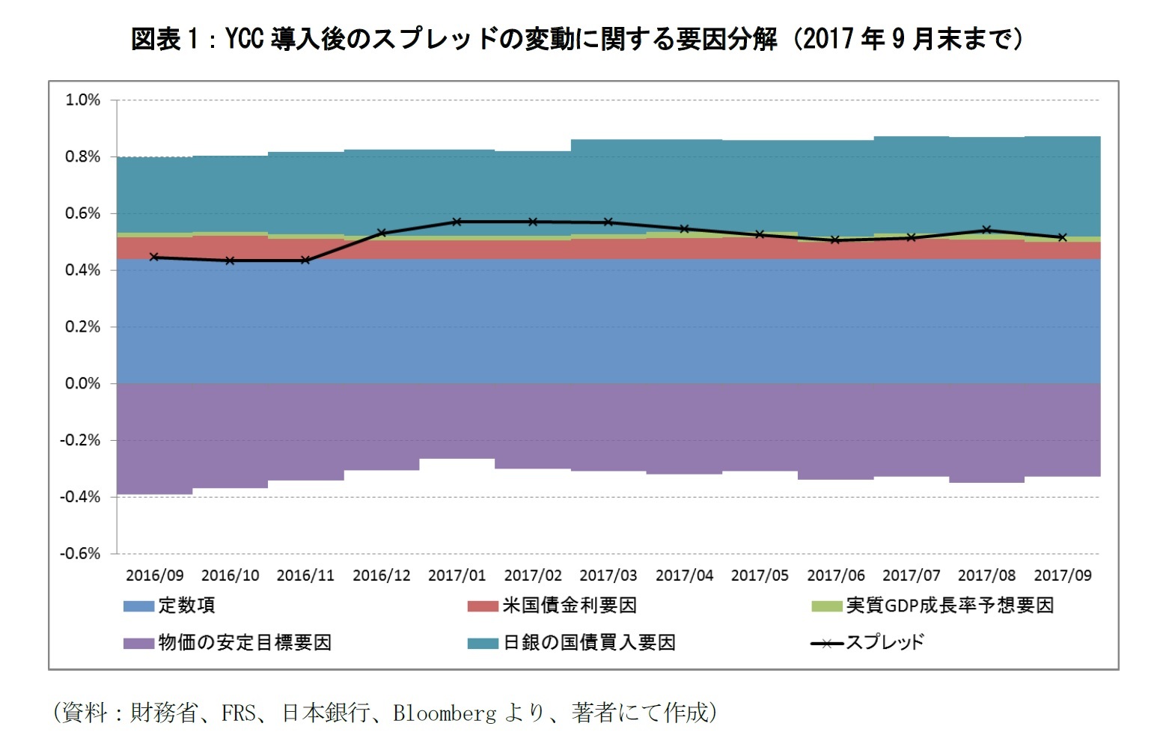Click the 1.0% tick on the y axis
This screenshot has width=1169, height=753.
tap(82, 100)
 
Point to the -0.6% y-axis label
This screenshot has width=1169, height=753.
tap(80, 554)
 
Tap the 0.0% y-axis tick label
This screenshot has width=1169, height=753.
tap(82, 383)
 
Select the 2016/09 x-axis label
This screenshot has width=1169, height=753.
tap(154, 576)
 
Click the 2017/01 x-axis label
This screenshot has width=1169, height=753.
tap(457, 576)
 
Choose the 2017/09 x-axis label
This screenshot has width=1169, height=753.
tap(1062, 576)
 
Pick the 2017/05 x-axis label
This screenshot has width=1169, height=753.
tap(760, 576)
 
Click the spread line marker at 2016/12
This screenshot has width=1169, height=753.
tap(382, 233)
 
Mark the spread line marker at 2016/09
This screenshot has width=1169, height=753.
tap(154, 257)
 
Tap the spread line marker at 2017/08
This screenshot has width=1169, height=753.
tap(986, 230)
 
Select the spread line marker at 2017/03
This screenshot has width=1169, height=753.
tap(608, 222)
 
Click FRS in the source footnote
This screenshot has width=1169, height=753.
tap(239, 713)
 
